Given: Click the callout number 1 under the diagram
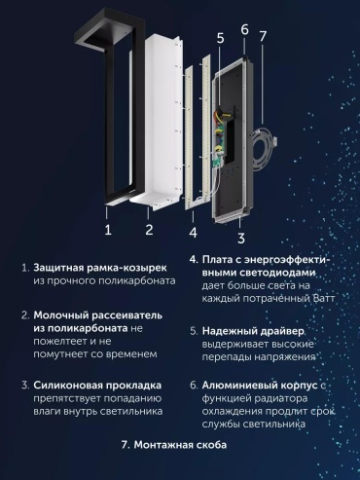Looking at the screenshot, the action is [108, 230].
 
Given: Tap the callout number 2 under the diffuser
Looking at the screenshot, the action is [149, 230].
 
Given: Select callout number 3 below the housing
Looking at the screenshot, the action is [241, 238].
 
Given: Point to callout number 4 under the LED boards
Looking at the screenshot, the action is [193, 233].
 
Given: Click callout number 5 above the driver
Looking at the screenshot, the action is [220, 38].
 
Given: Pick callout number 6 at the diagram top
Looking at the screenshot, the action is [245, 29].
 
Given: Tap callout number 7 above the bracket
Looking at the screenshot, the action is [263, 36].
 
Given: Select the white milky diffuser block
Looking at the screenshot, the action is [162, 123].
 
